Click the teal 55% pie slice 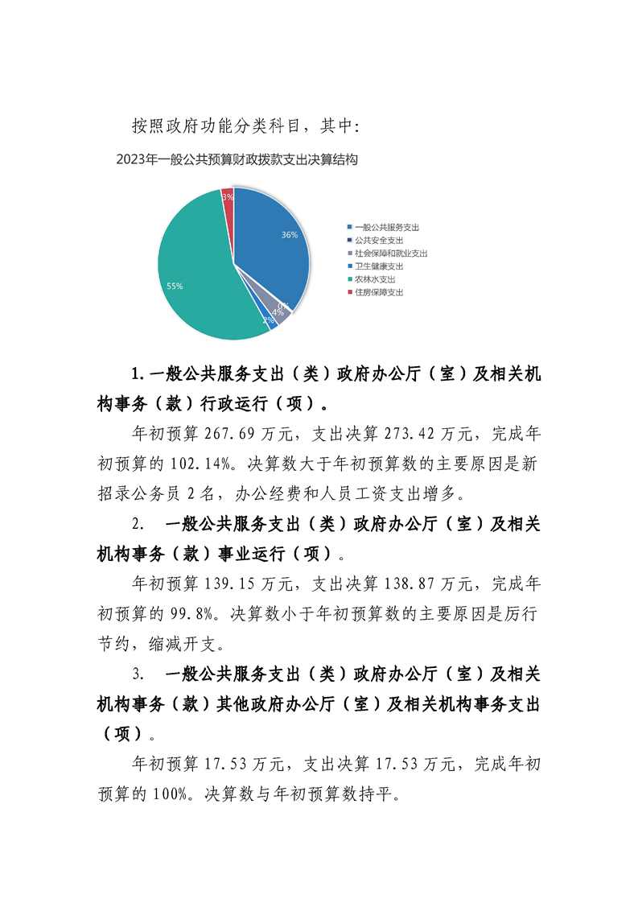(x=189, y=266)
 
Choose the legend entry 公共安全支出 (x=378, y=241)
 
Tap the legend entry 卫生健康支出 (x=378, y=266)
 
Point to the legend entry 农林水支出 (x=374, y=279)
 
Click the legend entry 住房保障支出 (x=378, y=292)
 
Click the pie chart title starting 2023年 (x=237, y=159)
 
